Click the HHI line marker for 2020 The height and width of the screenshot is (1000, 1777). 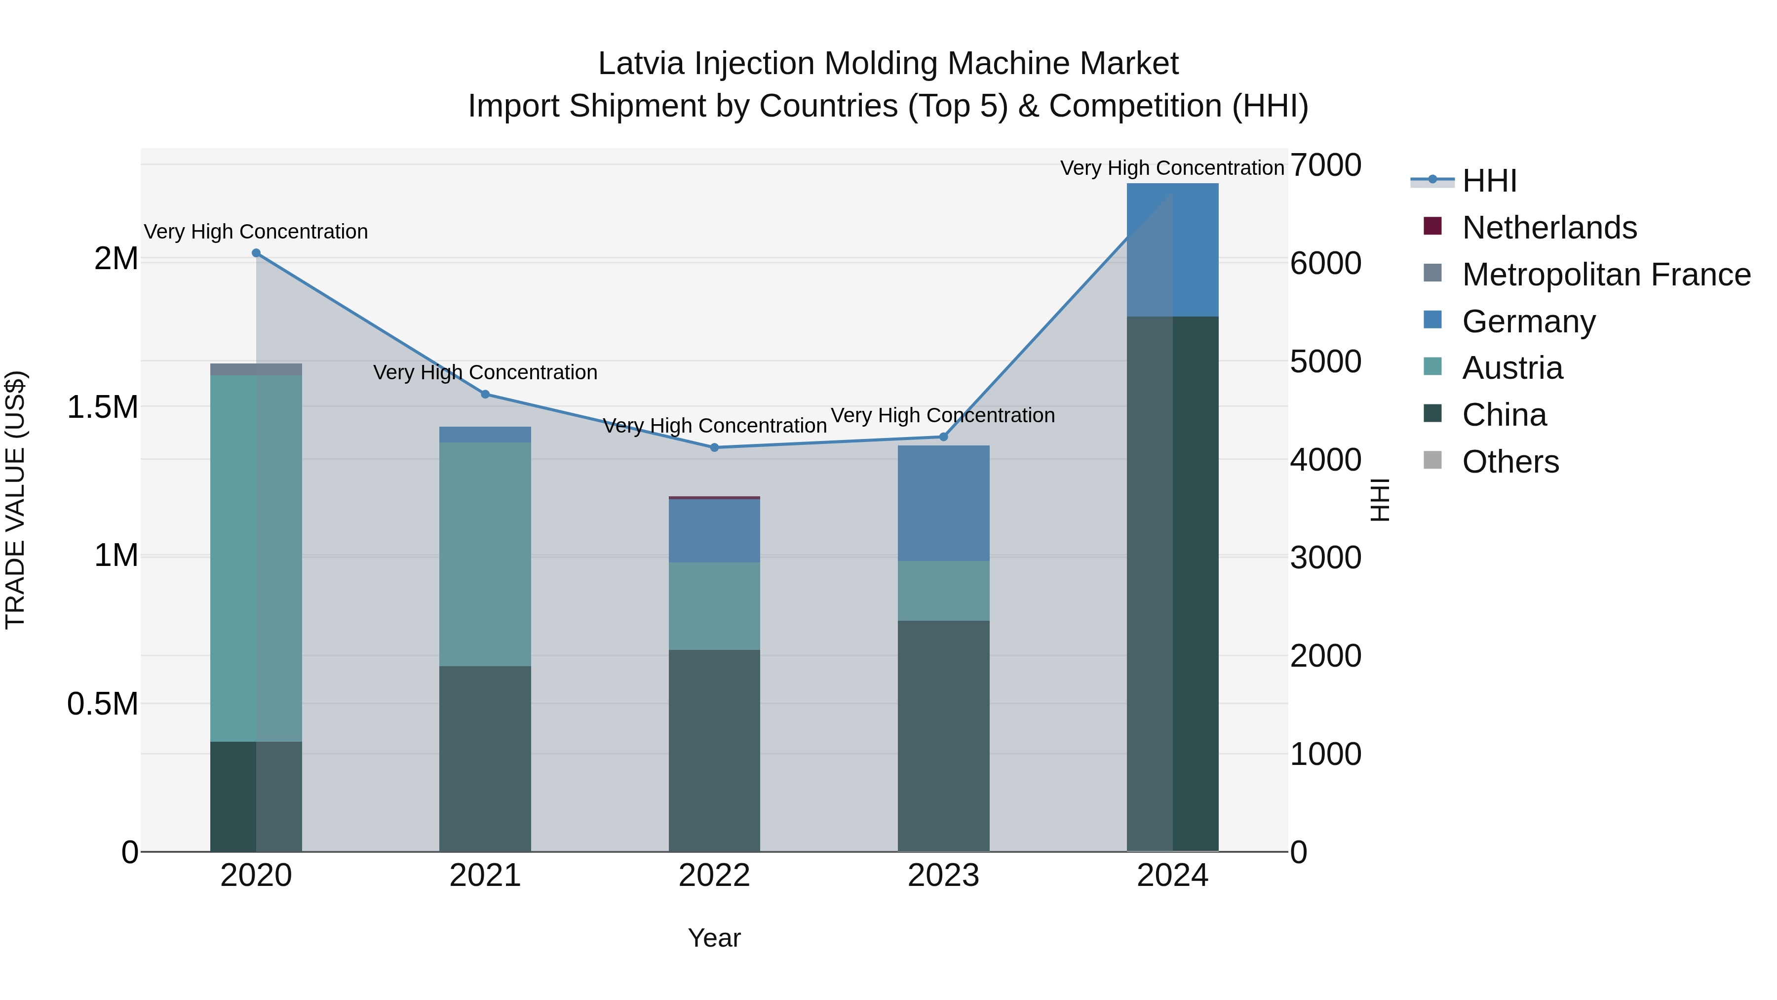(x=256, y=253)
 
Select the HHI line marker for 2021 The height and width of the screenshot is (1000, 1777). (x=485, y=395)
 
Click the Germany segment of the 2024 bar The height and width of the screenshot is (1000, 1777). (x=1173, y=250)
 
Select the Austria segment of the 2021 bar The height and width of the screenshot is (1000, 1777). (x=485, y=554)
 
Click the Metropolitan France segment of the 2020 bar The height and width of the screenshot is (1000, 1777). (x=256, y=370)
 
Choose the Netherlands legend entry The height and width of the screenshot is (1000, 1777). (x=1548, y=228)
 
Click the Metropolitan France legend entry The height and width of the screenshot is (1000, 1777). (x=1606, y=275)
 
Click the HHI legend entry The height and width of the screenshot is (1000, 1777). (x=1489, y=181)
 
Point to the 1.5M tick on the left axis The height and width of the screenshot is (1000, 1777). (x=103, y=407)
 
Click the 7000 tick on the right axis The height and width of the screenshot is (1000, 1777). (x=1326, y=165)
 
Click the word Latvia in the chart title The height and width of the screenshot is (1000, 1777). (x=641, y=64)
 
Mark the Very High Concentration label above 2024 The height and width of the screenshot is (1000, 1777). (x=1172, y=168)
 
